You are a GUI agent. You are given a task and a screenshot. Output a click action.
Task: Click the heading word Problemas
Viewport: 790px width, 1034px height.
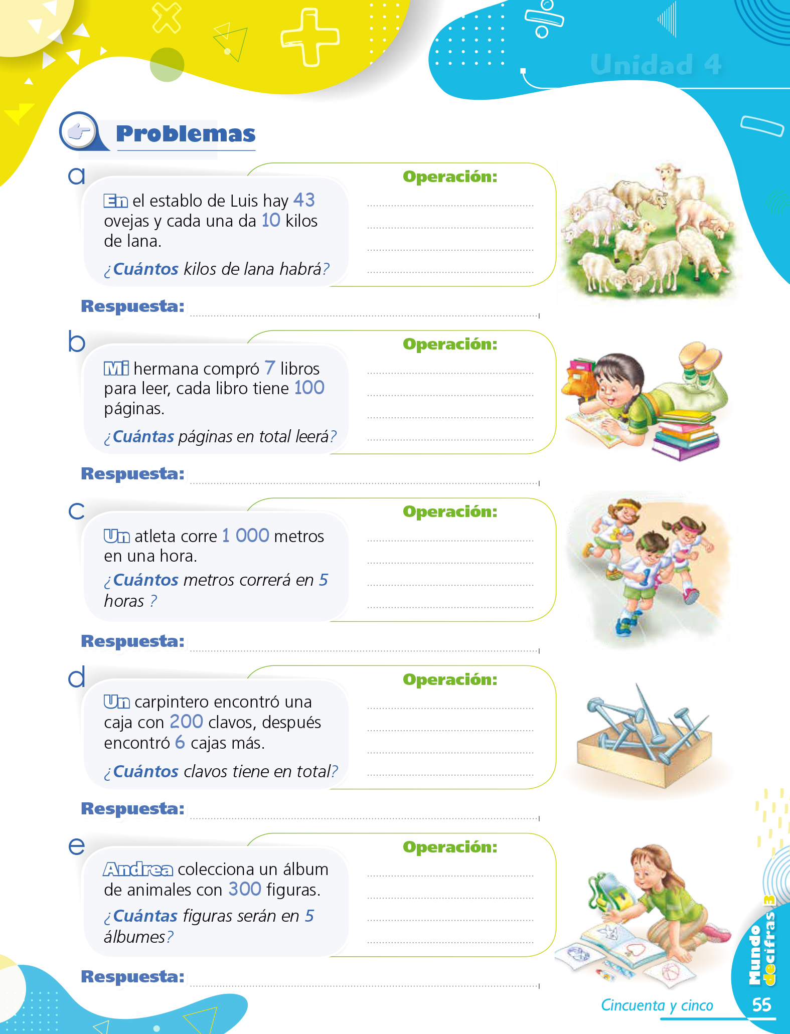(186, 134)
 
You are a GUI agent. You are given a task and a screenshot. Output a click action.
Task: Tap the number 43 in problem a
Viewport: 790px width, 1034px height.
(304, 200)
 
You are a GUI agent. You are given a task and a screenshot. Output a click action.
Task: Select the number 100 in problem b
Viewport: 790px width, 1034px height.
(309, 388)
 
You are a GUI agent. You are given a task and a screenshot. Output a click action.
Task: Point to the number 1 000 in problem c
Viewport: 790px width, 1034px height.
(246, 536)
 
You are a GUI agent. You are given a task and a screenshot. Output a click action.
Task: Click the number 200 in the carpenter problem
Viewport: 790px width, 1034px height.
(186, 722)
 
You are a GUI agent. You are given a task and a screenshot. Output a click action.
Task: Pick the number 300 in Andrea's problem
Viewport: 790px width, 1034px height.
(245, 889)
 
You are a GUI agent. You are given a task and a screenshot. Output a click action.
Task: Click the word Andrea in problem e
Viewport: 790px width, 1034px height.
(138, 869)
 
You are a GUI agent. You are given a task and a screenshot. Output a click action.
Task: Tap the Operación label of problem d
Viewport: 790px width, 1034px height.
(450, 679)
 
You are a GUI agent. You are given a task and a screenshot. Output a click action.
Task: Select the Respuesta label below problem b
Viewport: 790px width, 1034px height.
(133, 473)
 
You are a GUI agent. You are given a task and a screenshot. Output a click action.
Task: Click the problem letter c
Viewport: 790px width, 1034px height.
(77, 511)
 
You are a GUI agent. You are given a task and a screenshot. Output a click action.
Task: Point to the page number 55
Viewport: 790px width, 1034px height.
(761, 1004)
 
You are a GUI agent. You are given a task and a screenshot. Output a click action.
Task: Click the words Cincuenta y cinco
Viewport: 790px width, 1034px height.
(657, 1005)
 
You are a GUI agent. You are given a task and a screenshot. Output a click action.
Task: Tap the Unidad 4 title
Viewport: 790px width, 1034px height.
(656, 65)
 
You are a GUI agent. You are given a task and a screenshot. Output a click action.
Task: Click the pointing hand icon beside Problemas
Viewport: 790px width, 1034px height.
(79, 132)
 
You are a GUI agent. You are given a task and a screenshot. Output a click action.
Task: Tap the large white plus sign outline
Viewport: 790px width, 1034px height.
(309, 37)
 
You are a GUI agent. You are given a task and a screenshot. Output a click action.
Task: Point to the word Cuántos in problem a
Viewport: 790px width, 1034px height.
(145, 269)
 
